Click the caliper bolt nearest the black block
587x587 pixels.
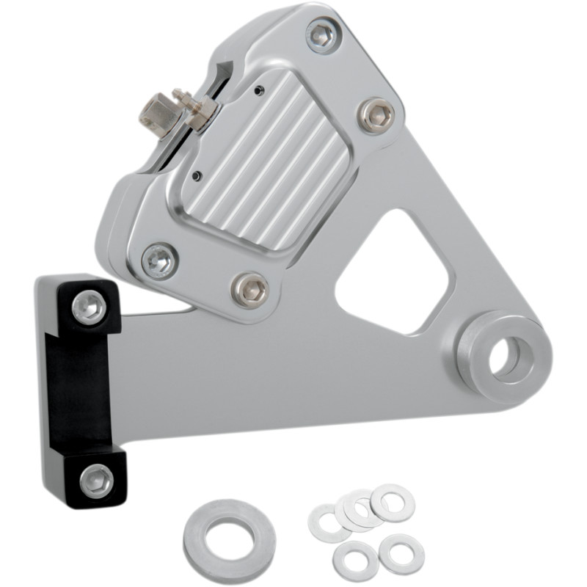[x=158, y=260]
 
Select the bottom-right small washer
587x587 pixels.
[x=401, y=553]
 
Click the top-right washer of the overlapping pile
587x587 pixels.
[x=392, y=502]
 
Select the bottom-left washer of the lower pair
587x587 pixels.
[x=355, y=560]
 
